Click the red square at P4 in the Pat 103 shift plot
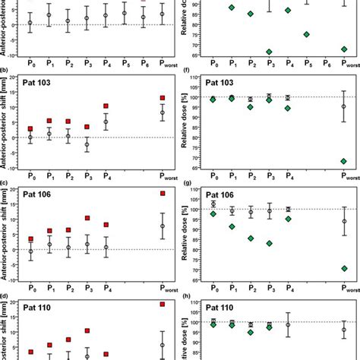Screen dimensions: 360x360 pyautogui.click(x=106, y=106)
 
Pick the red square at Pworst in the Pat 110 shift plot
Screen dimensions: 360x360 pyautogui.click(x=163, y=304)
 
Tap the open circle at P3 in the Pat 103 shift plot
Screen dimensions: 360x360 pyautogui.click(x=87, y=144)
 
